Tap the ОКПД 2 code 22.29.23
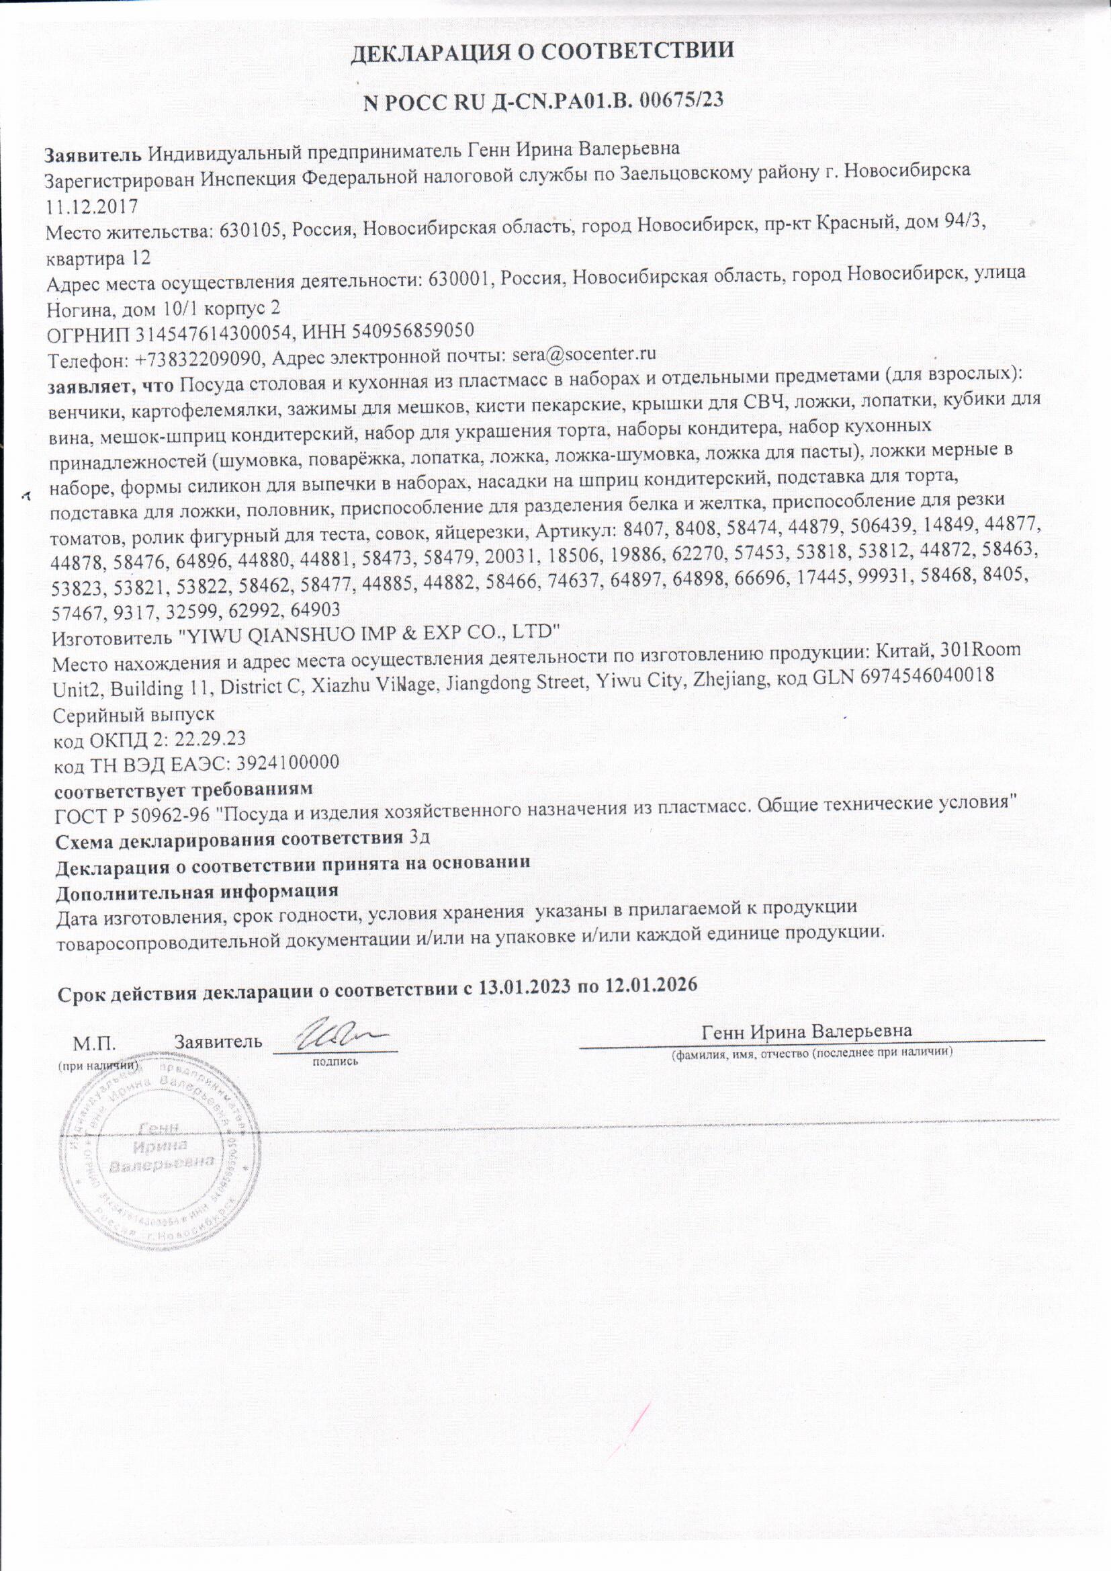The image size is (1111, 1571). (211, 740)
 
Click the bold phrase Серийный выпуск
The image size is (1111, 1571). (134, 714)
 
